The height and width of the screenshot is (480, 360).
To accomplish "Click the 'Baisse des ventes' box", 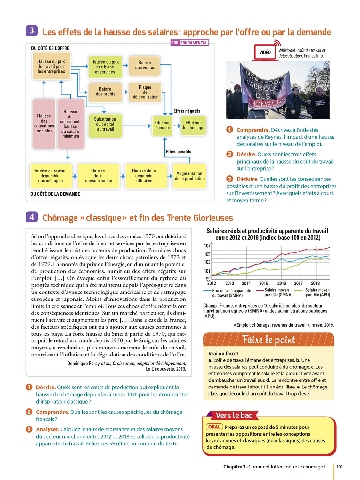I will (x=144, y=66).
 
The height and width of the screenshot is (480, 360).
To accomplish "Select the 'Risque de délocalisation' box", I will (x=145, y=92).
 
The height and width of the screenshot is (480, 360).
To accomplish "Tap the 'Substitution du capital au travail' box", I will (x=105, y=124).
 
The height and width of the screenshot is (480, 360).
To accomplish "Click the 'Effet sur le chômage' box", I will (x=193, y=125).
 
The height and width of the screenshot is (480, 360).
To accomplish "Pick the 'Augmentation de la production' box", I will (x=189, y=176).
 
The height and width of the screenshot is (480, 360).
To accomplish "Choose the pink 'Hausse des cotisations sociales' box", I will (x=44, y=124).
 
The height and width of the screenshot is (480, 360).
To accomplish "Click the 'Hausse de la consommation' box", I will (x=98, y=176).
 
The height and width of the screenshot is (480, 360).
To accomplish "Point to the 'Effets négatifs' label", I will (x=187, y=111).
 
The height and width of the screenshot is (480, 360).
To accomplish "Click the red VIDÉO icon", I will (x=265, y=52).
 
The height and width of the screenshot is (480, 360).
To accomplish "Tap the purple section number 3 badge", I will (x=32, y=31).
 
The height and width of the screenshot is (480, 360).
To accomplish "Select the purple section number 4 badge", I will (x=32, y=217).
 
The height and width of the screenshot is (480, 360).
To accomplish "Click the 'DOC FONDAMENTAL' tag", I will (x=190, y=43).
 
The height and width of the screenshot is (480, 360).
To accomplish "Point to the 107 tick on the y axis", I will (x=207, y=246).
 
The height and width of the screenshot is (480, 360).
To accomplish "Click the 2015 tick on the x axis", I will (x=264, y=283).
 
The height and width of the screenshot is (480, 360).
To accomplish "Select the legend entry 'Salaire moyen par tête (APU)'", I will (x=317, y=292).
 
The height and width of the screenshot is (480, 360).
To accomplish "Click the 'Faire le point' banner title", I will (x=268, y=340).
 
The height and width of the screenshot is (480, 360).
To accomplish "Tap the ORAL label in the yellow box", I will (x=214, y=427).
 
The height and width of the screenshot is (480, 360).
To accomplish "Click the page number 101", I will (x=339, y=467).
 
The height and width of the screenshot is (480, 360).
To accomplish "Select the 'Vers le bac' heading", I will (x=234, y=415).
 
